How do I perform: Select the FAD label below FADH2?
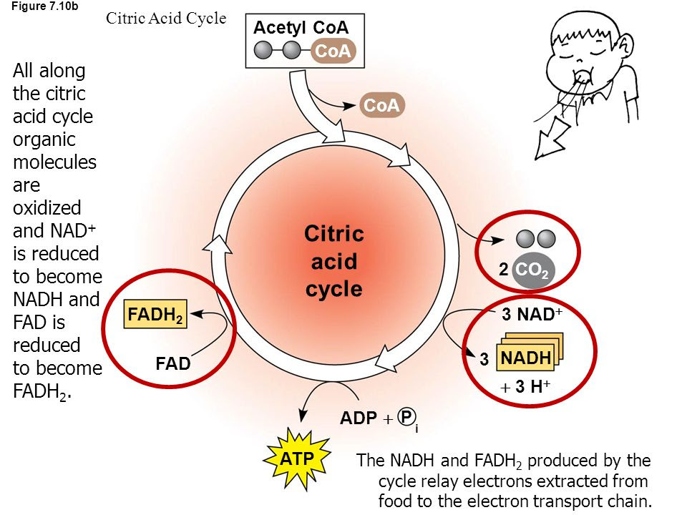(x=173, y=364)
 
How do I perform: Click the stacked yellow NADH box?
(x=527, y=358)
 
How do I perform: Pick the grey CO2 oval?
(x=530, y=271)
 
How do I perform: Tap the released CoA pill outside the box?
(x=381, y=105)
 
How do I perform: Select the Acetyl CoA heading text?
(x=301, y=28)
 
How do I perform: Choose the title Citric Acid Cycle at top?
(x=165, y=19)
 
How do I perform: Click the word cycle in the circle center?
(x=334, y=289)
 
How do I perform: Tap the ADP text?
(x=358, y=418)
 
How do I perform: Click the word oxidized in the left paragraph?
(x=47, y=207)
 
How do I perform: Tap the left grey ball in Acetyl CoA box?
(x=265, y=50)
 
